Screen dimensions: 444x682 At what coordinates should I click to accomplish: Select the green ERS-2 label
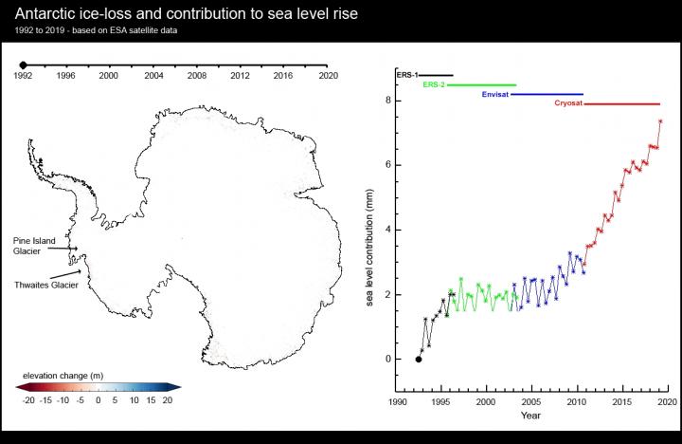[433, 84]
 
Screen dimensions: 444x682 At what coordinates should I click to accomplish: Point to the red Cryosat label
[568, 104]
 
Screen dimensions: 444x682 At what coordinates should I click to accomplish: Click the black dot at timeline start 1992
[23, 65]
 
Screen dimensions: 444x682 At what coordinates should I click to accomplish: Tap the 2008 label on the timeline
[196, 75]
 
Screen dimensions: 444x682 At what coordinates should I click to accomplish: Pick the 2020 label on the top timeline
[328, 75]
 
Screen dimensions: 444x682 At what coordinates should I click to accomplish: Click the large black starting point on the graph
[419, 359]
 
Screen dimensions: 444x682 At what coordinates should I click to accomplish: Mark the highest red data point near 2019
[660, 121]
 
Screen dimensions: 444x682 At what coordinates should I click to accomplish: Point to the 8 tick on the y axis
[388, 100]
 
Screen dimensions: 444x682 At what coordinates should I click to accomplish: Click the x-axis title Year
[530, 415]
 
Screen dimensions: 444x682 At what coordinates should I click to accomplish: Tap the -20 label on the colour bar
[28, 401]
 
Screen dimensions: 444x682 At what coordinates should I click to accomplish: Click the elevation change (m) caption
[60, 375]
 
